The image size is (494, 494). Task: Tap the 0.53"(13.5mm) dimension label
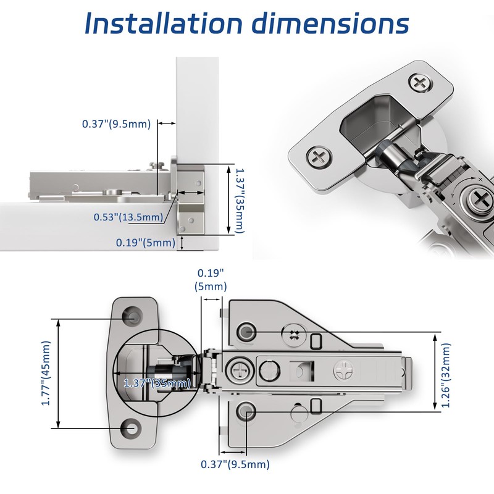tap(128, 217)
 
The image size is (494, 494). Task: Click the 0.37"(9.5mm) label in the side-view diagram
tap(116, 124)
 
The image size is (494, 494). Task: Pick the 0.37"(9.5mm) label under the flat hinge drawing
tap(235, 464)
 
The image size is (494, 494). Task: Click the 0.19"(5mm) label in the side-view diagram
tap(146, 243)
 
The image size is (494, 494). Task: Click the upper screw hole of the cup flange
tap(132, 314)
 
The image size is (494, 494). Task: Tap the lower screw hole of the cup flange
tap(132, 427)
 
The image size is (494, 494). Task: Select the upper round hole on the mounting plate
tap(247, 332)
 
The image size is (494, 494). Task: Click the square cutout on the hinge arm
tap(303, 371)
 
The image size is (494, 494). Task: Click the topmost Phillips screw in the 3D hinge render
tap(421, 82)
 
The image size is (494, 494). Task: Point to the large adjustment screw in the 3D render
tap(480, 199)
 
